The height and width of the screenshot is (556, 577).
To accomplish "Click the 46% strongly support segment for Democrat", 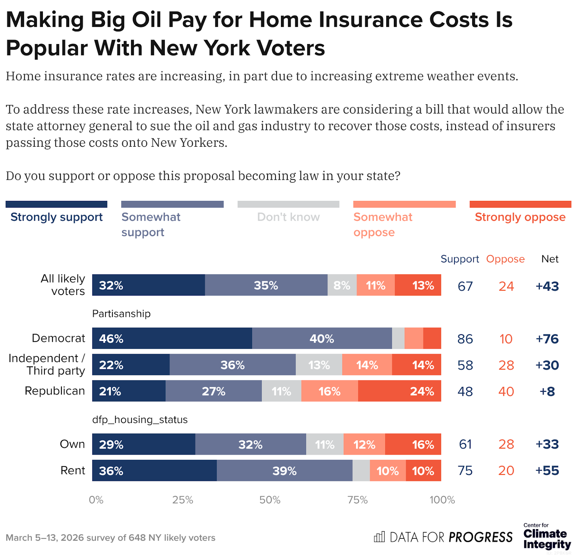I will click(172, 338).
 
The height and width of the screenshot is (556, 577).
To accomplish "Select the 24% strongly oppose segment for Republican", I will click(400, 391).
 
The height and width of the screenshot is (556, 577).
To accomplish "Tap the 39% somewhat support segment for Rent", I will click(285, 471).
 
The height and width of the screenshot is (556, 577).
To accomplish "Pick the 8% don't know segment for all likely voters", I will click(342, 285).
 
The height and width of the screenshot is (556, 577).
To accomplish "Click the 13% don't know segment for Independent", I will click(319, 365).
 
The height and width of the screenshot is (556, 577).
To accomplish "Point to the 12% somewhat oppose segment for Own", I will click(364, 444).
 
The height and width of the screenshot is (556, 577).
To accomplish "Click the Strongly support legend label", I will click(57, 217).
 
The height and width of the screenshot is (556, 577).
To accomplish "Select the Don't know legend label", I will click(288, 217).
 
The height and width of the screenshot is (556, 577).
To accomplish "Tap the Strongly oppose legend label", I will click(520, 217).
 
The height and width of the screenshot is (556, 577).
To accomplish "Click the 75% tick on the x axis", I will click(357, 500).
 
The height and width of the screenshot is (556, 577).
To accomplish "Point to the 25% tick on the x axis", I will click(182, 500).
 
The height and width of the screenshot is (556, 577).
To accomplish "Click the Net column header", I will click(550, 259).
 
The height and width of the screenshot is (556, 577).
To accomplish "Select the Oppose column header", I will click(505, 259).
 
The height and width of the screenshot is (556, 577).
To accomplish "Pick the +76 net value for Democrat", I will click(547, 339).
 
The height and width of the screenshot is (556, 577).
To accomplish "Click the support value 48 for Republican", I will click(465, 392).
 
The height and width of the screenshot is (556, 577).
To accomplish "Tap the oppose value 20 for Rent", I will click(506, 471).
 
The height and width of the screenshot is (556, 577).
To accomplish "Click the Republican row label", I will click(55, 391).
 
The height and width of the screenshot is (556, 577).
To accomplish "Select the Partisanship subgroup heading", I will click(121, 314).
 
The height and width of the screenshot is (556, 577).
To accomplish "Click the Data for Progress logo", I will click(443, 537).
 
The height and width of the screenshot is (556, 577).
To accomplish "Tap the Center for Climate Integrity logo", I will click(547, 537).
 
